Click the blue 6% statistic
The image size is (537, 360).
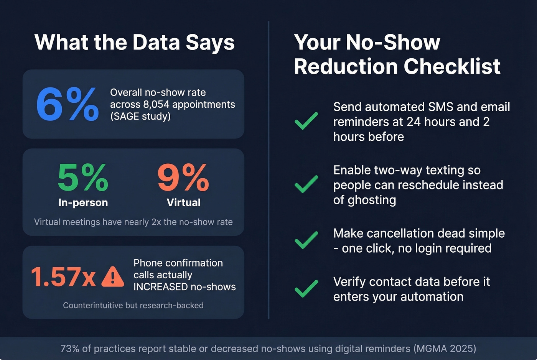tap(68, 104)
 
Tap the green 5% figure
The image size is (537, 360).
tap(83, 178)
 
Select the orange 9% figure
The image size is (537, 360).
tap(183, 178)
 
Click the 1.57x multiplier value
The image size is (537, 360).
tap(63, 277)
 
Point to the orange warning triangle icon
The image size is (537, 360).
tap(112, 277)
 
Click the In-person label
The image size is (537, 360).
tap(83, 202)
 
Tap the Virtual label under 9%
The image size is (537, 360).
tap(183, 202)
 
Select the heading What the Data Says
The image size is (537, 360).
tap(134, 42)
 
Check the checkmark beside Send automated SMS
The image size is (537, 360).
tap(306, 121)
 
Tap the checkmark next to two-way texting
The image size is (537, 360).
tap(306, 184)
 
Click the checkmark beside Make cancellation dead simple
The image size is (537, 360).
tap(306, 240)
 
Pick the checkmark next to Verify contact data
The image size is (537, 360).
tap(306, 289)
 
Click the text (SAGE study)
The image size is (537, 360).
tap(140, 116)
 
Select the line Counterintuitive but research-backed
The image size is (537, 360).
tap(133, 306)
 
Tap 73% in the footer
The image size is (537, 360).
tap(69, 348)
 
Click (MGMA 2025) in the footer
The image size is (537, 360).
tap(445, 348)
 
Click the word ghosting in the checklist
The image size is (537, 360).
tap(372, 200)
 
